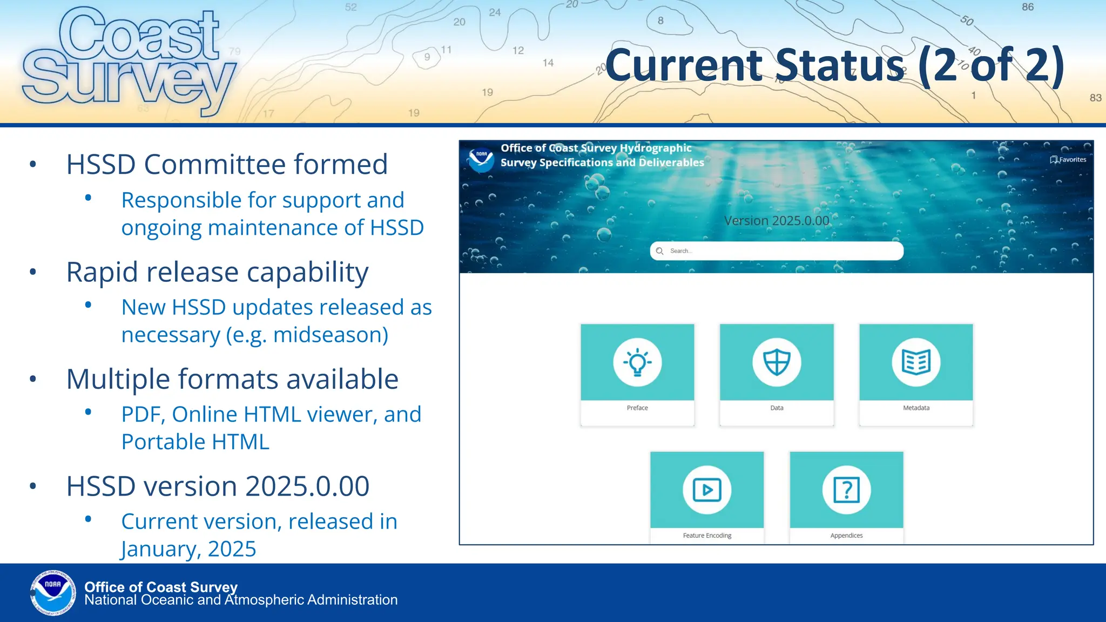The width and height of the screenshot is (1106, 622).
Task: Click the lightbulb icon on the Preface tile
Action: point(637,362)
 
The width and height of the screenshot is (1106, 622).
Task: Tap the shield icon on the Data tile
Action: point(777,362)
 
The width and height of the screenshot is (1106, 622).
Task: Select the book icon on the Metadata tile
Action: point(916,362)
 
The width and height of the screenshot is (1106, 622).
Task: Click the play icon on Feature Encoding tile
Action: point(707,490)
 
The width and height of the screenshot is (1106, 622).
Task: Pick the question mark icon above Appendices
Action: point(846,490)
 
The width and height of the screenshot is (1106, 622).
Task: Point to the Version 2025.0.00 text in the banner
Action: point(776,221)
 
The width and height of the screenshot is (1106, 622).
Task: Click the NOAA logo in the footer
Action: point(53,592)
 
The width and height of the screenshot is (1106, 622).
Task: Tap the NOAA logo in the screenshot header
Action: point(481,160)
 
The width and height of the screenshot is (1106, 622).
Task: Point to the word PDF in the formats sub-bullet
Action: point(142,415)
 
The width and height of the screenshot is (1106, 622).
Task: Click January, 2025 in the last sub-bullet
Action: point(188,549)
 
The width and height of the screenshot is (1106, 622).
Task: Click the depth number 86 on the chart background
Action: point(1028,7)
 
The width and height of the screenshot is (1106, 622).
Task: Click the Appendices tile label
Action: point(846,536)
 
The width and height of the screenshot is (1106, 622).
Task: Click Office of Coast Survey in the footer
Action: point(161,586)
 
